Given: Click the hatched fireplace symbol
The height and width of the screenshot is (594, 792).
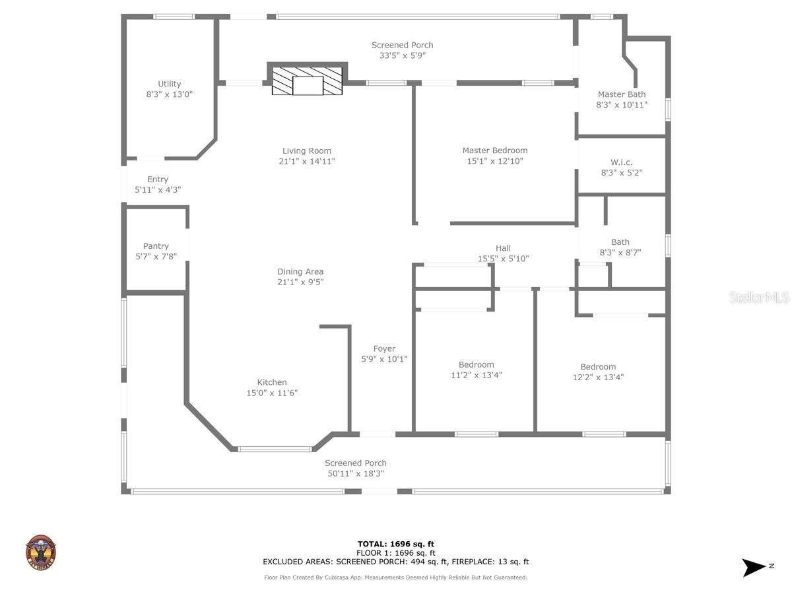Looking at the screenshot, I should coord(308,81).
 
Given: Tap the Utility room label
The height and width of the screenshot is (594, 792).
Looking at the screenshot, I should coord(170,84).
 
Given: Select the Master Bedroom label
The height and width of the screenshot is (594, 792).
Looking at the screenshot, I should coord(494,150).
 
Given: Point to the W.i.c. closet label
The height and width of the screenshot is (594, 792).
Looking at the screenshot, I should coord(621,162).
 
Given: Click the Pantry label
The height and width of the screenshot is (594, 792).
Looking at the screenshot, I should coord(156,246).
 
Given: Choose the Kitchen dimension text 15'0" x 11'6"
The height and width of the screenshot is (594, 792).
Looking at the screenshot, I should coord(272,393).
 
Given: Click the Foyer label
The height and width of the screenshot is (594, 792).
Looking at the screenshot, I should coord(384,348).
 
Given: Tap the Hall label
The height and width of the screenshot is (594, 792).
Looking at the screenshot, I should coord(503,248).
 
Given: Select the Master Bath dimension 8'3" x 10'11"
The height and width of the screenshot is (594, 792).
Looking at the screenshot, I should coord(621,105).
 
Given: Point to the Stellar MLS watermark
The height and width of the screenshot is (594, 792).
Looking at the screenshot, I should coord(759,298).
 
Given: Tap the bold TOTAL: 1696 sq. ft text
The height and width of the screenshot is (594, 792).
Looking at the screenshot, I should coord(396,544).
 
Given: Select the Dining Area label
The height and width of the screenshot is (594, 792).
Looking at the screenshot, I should coord(300,271).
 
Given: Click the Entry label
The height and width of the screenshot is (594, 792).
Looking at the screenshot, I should coord(158,180).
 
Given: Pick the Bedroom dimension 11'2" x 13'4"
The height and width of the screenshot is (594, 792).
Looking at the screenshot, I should coord(477,375).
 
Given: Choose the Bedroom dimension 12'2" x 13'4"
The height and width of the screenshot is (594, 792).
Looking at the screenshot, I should coord(598,378).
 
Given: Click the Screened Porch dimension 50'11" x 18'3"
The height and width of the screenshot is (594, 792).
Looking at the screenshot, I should coord(356,474).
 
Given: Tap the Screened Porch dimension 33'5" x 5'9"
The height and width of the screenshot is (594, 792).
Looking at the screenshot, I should coord(402,56).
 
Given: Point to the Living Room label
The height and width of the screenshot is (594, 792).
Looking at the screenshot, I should coord(307,150).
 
